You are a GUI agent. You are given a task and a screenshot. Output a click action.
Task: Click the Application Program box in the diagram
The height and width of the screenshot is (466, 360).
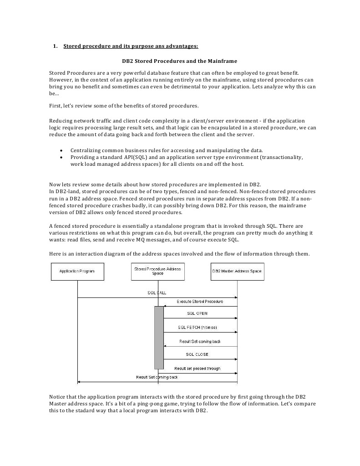pos(77,271)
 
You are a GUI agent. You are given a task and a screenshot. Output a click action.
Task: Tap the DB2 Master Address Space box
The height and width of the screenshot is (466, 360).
pos(237,271)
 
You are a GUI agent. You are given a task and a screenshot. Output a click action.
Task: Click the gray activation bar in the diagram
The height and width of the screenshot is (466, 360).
pos(159,338)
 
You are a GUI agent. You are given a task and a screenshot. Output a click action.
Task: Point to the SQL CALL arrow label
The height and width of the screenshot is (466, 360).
pos(157,293)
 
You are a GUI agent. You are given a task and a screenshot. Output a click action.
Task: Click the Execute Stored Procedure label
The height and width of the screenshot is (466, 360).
pos(200,302)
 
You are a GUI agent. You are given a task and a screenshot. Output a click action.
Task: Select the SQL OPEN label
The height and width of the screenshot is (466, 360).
pos(197,313)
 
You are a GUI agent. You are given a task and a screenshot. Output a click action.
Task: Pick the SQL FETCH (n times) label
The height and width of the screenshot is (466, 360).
pos(198,328)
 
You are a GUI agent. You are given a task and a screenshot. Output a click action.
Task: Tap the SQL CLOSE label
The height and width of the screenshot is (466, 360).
pos(197,354)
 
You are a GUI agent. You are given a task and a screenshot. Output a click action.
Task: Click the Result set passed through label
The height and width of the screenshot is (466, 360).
pos(197,368)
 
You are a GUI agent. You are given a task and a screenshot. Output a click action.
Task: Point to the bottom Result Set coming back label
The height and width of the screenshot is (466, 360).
pos(157,377)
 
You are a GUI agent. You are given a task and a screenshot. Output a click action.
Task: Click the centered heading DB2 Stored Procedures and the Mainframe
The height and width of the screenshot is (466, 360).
pos(179,61)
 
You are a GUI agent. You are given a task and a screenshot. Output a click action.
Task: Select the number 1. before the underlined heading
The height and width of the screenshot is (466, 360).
pos(56,46)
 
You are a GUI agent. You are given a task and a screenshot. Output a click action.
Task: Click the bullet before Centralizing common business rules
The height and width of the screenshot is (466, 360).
pos(61,150)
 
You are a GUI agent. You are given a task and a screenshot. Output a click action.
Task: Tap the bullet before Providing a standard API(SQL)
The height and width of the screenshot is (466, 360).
pos(61,157)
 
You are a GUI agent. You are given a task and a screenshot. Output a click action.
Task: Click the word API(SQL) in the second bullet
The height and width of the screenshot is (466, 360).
pos(132,157)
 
